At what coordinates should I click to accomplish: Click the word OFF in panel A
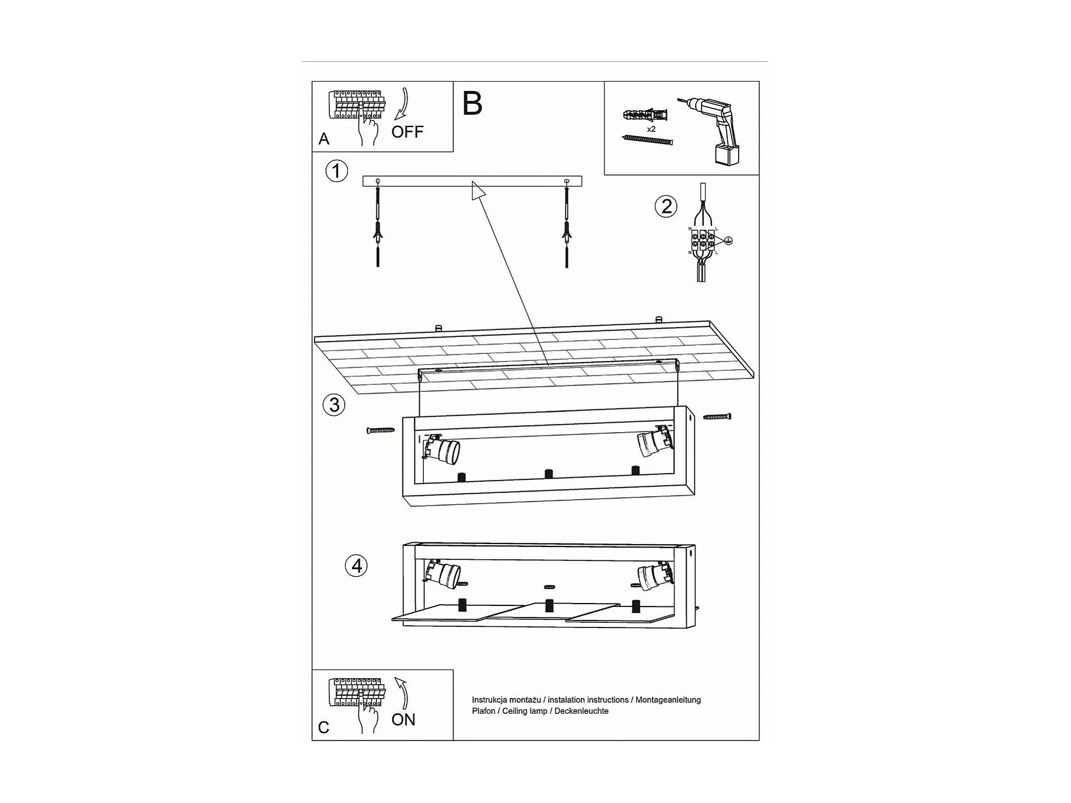tap(407, 132)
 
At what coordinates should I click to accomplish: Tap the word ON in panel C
tap(403, 720)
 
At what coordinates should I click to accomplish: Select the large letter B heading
tap(472, 104)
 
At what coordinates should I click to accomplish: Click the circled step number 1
tap(336, 171)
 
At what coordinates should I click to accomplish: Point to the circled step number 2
tap(666, 206)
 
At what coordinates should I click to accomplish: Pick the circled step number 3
tap(334, 405)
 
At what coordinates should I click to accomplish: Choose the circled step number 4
tap(356, 566)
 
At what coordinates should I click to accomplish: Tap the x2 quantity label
tap(651, 129)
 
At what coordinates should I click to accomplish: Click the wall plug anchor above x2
tap(645, 114)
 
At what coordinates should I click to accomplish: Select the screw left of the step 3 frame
tap(381, 430)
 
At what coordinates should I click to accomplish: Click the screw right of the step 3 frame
tap(717, 416)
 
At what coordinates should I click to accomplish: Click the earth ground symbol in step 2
tap(728, 240)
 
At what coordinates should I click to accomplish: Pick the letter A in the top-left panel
tap(324, 139)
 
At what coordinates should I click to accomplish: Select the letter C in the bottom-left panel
tap(324, 727)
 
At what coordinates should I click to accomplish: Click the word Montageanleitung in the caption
tap(668, 700)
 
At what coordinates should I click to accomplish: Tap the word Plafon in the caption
tap(484, 711)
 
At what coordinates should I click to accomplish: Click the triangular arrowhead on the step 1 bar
tap(478, 190)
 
